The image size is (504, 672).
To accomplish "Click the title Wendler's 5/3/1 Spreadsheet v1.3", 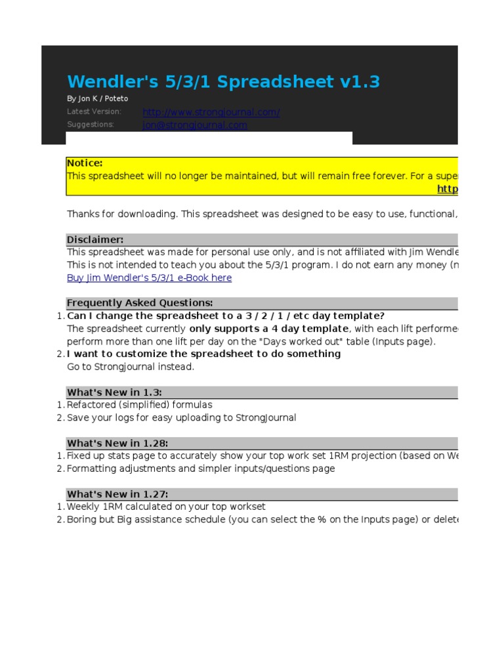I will pyautogui.click(x=223, y=82).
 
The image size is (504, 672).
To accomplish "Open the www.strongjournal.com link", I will pyautogui.click(x=211, y=112).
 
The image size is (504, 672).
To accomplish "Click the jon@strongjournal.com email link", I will pyautogui.click(x=195, y=125).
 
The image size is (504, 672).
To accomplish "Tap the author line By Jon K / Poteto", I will pyautogui.click(x=97, y=98).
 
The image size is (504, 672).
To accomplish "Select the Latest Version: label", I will pyautogui.click(x=94, y=112).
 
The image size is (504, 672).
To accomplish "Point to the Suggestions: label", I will pyautogui.click(x=90, y=125).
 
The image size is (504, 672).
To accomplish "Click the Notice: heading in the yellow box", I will pyautogui.click(x=85, y=163).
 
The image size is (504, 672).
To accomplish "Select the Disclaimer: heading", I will pyautogui.click(x=95, y=240).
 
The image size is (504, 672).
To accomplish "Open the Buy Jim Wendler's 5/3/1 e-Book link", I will pyautogui.click(x=149, y=278).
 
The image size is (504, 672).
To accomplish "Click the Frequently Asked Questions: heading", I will pyautogui.click(x=140, y=303).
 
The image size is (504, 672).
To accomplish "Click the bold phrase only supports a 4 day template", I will pyautogui.click(x=269, y=329).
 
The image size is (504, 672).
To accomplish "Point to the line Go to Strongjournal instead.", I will pyautogui.click(x=131, y=367).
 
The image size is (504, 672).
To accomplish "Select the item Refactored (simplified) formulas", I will pyautogui.click(x=140, y=405).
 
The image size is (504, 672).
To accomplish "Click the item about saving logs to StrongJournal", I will pyautogui.click(x=182, y=417).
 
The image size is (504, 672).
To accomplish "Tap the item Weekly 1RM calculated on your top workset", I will pyautogui.click(x=166, y=507).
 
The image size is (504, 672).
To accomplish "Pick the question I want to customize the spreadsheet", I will pyautogui.click(x=204, y=354).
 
